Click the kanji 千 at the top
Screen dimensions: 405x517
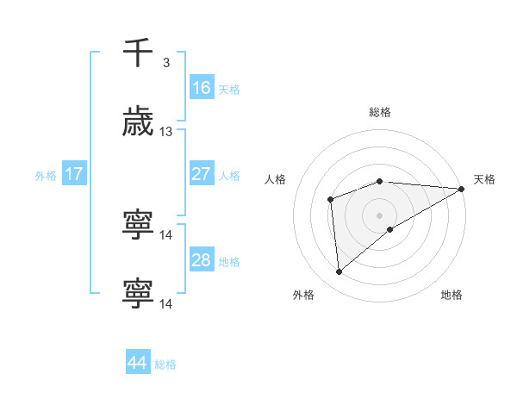[x=139, y=53]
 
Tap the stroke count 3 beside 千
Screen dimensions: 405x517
[x=165, y=63]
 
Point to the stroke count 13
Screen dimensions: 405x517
[x=166, y=132]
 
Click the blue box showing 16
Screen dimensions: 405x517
[x=201, y=88]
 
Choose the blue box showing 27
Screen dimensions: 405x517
[x=201, y=174]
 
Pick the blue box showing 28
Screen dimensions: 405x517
[x=201, y=260]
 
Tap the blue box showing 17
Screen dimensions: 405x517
[x=74, y=174]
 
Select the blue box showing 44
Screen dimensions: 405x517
[x=138, y=363]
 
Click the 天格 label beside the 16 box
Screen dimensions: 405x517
[x=229, y=90]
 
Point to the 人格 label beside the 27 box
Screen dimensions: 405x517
[x=229, y=176]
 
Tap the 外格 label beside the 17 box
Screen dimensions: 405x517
[x=46, y=176]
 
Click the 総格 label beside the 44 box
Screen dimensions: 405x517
[x=165, y=364]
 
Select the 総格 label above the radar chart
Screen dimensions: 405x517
[x=380, y=112]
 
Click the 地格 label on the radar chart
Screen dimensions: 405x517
[x=452, y=295]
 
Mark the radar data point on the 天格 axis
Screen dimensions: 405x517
[x=462, y=189]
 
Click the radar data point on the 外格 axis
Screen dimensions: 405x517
[x=339, y=272]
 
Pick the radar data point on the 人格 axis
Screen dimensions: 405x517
[x=330, y=200]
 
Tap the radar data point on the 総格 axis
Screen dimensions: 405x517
[x=380, y=181]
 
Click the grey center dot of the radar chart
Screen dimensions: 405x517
[x=380, y=215]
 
